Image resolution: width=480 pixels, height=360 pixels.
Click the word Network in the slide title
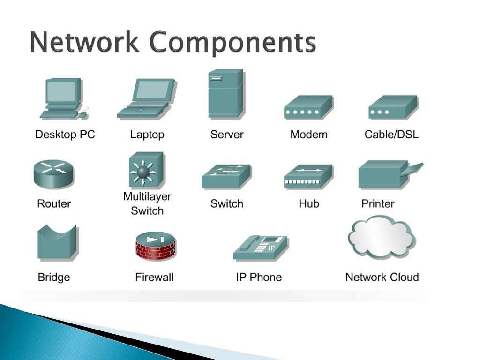pos(84,43)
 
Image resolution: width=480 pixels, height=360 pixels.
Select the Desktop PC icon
pos(62,99)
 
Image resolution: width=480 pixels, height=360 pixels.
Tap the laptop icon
pos(146,99)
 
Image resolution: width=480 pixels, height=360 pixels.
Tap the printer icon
pos(387,174)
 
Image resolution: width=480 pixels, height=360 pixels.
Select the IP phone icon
pos(261,247)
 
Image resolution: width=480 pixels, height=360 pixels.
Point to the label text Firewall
pos(154,277)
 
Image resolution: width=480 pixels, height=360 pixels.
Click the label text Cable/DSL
pos(391,135)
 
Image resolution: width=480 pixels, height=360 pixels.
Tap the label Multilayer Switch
pos(147,204)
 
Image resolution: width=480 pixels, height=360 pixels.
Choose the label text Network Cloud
pos(382,277)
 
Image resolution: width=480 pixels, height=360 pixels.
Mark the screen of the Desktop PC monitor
pos(61,91)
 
